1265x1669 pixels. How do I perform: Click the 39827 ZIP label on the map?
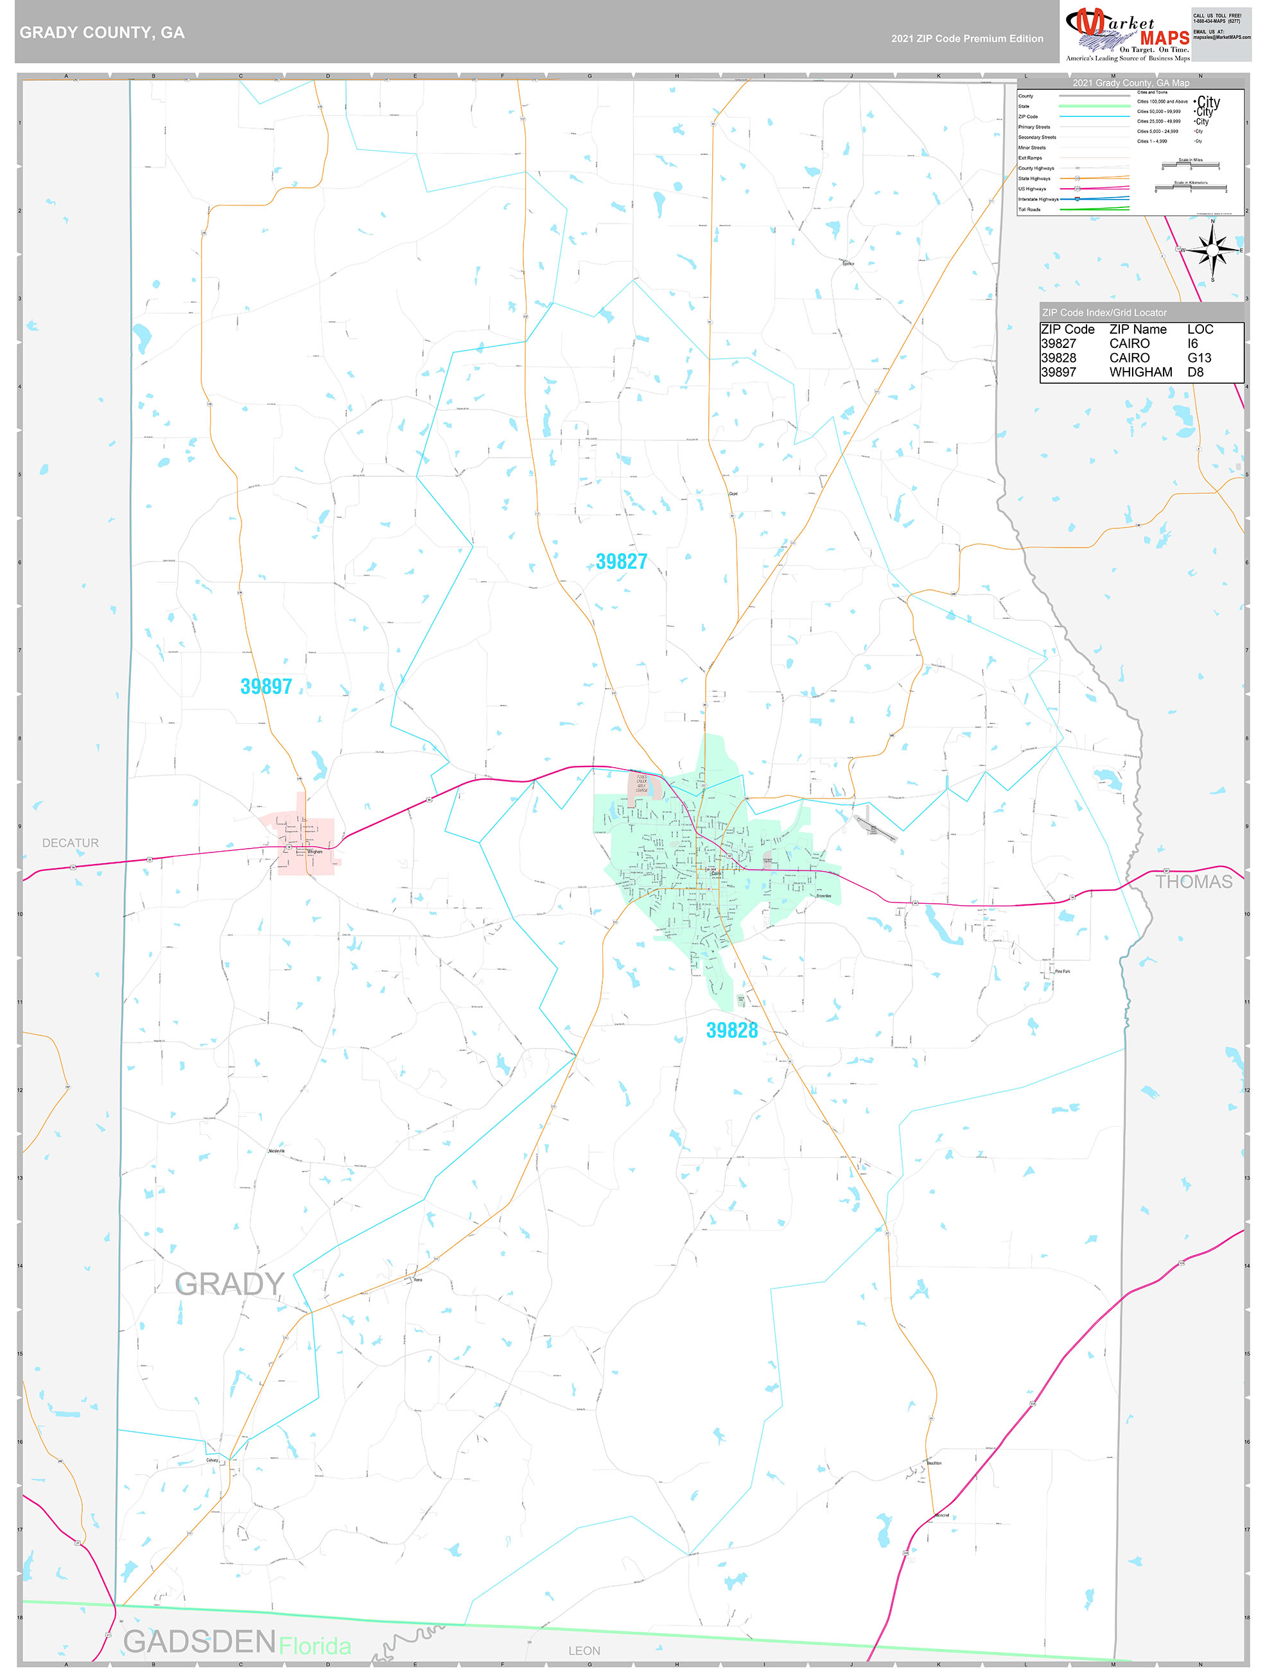621,562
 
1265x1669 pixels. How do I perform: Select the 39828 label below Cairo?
731,1030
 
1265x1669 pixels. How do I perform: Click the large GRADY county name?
229,1283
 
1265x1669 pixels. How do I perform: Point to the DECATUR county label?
70,843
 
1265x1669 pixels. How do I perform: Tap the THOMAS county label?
1193,881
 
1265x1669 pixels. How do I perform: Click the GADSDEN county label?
199,1641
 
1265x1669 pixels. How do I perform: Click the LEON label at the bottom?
584,1651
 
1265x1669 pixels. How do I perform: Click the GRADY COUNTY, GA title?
102,33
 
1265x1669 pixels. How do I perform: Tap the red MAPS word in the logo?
1165,38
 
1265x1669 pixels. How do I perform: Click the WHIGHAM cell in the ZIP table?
1140,372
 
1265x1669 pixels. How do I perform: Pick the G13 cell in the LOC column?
1199,358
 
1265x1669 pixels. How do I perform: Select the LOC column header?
1200,329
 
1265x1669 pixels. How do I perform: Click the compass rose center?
1212,250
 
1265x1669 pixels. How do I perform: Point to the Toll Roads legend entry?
1029,210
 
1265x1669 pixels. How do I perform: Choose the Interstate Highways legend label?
1038,199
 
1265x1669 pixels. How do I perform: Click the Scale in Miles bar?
1191,165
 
